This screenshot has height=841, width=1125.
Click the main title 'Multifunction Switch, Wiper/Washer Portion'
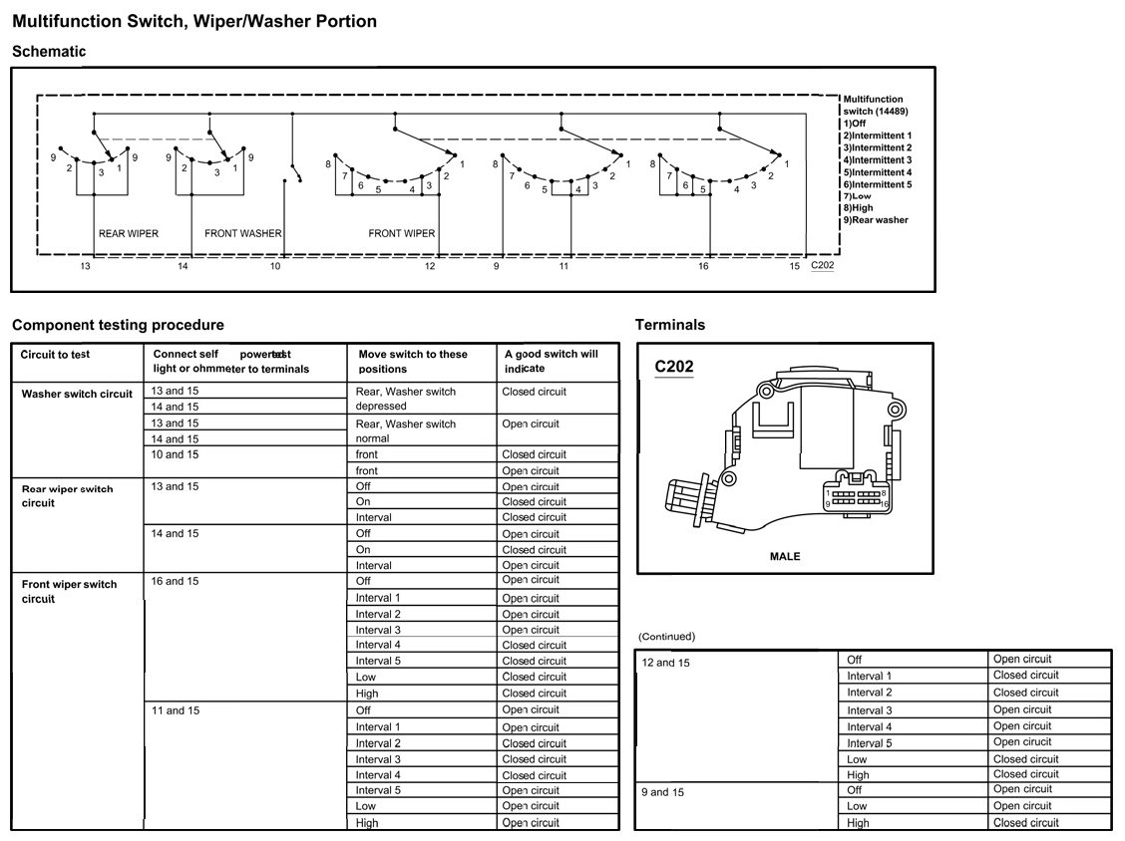click(194, 21)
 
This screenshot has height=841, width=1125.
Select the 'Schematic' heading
click(49, 52)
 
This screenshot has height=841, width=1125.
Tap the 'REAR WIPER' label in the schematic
click(129, 234)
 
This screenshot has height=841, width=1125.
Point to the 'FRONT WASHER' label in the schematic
click(242, 234)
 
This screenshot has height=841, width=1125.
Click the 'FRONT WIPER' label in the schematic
click(402, 234)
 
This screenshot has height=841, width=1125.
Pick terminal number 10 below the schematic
click(275, 267)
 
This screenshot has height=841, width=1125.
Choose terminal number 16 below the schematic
click(703, 267)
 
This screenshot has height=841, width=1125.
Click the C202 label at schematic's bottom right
click(822, 265)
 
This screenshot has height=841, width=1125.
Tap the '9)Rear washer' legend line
click(876, 220)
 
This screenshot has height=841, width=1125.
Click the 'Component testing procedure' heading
click(118, 325)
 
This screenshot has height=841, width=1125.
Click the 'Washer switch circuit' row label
click(77, 394)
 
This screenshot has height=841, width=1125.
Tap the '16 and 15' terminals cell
click(175, 581)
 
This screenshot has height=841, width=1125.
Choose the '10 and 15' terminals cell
click(175, 454)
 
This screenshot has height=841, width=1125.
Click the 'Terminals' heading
click(669, 325)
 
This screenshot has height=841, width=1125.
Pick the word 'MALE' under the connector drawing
click(785, 556)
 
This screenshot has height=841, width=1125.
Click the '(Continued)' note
click(666, 637)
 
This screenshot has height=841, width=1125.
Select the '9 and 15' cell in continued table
click(663, 793)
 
